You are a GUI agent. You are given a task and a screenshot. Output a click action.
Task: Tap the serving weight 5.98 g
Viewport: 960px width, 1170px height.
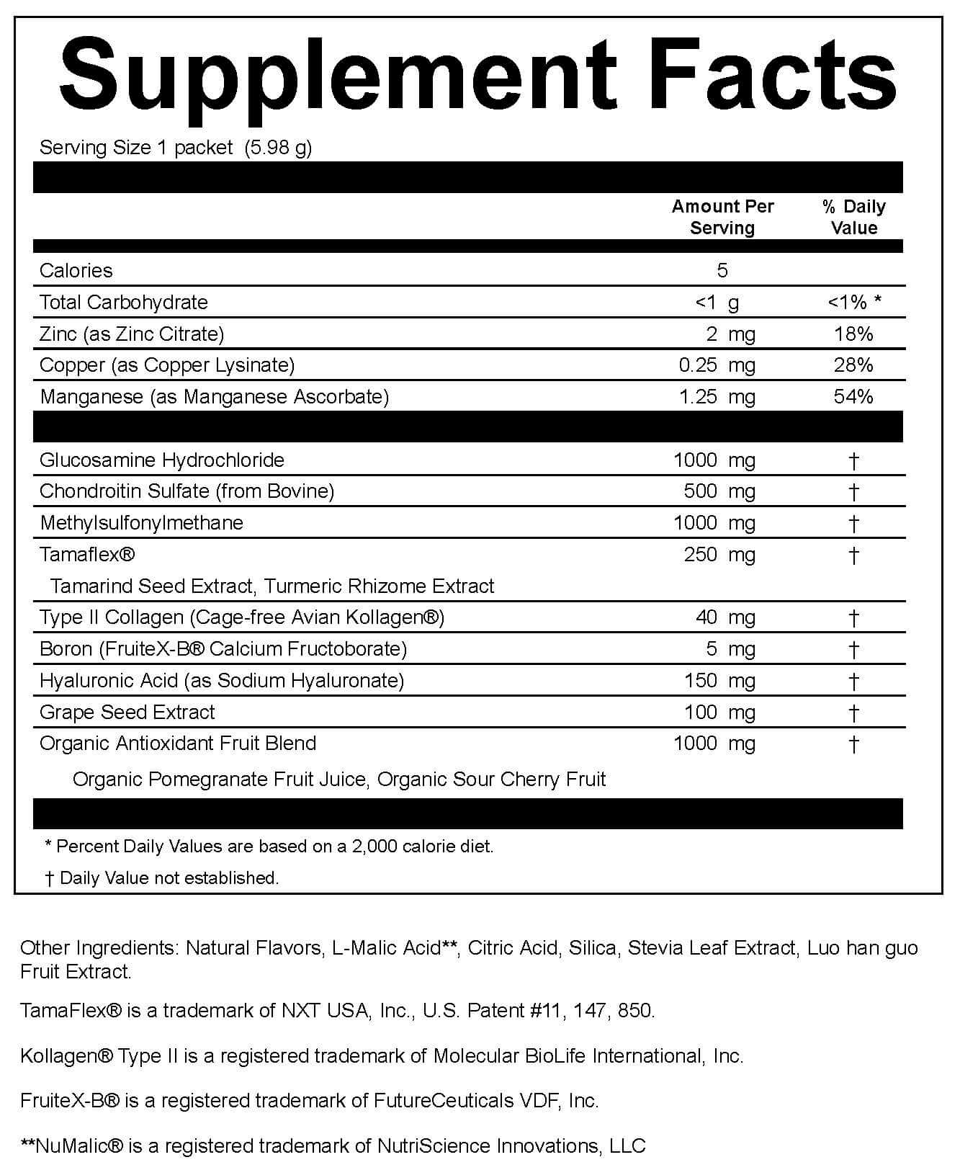pyautogui.click(x=278, y=148)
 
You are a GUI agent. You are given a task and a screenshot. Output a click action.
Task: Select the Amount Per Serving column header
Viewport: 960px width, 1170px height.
pyautogui.click(x=722, y=217)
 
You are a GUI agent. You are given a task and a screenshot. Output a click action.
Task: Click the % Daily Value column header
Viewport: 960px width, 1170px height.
pyautogui.click(x=853, y=217)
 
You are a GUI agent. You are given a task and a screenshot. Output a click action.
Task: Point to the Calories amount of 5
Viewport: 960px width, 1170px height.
pyautogui.click(x=722, y=270)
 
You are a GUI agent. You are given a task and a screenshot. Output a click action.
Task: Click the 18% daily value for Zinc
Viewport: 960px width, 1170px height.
pyautogui.click(x=853, y=334)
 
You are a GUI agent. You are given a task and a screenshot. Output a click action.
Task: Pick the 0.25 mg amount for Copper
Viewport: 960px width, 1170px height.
pyautogui.click(x=717, y=365)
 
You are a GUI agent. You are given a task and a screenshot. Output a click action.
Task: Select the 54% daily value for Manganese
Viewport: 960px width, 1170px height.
pyautogui.click(x=853, y=396)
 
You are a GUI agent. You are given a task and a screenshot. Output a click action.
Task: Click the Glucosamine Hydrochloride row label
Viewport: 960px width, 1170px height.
pyautogui.click(x=162, y=460)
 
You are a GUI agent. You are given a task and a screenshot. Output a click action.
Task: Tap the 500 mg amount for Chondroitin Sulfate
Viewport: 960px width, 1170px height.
pyautogui.click(x=719, y=491)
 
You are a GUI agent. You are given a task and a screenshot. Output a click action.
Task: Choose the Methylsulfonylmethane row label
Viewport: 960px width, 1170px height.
pyautogui.click(x=142, y=523)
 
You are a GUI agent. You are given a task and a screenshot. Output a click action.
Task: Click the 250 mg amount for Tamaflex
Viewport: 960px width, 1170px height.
pyautogui.click(x=719, y=555)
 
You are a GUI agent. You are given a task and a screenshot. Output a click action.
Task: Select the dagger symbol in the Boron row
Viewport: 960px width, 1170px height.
pyautogui.click(x=853, y=649)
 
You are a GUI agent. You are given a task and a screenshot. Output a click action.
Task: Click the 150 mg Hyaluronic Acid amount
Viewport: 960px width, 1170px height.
pyautogui.click(x=719, y=681)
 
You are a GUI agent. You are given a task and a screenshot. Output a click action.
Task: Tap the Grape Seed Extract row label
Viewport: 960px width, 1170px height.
pyautogui.click(x=127, y=713)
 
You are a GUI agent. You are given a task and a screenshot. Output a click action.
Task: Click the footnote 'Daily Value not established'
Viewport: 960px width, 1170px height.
pyautogui.click(x=169, y=877)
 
